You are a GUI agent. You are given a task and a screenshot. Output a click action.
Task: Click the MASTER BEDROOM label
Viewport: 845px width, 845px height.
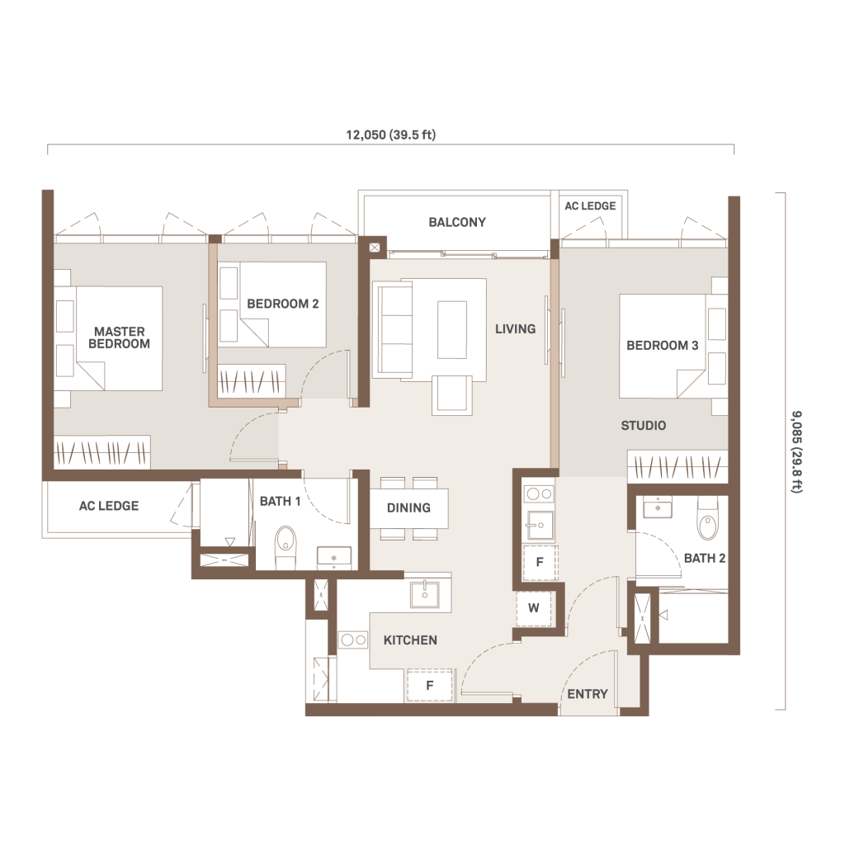[x=119, y=338]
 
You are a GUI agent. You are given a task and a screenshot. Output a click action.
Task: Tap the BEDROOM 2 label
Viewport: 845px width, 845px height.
[x=283, y=304]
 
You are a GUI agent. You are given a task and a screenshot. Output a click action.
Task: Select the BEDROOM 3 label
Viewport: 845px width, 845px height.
[x=663, y=346]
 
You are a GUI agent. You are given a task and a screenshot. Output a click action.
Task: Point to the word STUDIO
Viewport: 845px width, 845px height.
[x=644, y=426]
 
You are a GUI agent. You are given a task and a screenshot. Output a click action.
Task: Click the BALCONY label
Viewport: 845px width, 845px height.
[x=457, y=222]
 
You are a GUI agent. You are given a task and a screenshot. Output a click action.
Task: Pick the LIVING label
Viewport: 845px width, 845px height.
[x=515, y=328]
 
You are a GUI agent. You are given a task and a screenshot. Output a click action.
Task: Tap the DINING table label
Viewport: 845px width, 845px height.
[x=408, y=507]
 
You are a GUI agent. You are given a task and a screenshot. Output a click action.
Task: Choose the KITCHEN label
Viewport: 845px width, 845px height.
[x=410, y=640]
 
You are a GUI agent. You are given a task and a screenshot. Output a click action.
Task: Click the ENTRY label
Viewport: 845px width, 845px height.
[x=588, y=694]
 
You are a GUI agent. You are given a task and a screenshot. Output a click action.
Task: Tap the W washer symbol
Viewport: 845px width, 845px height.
[x=534, y=608]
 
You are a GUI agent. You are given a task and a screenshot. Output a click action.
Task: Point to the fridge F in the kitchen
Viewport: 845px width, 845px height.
[x=429, y=686]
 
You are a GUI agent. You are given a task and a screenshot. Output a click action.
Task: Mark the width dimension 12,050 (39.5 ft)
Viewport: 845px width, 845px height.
[x=390, y=135]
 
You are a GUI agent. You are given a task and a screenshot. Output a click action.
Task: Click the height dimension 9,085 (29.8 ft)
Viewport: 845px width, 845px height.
[x=796, y=451]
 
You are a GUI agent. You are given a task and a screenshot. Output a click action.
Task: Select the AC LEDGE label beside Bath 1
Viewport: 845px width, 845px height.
[x=109, y=506]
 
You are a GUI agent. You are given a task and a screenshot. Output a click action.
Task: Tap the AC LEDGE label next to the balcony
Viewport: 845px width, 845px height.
[x=590, y=205]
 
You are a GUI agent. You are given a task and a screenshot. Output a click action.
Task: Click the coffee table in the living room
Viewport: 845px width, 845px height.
[x=451, y=330]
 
